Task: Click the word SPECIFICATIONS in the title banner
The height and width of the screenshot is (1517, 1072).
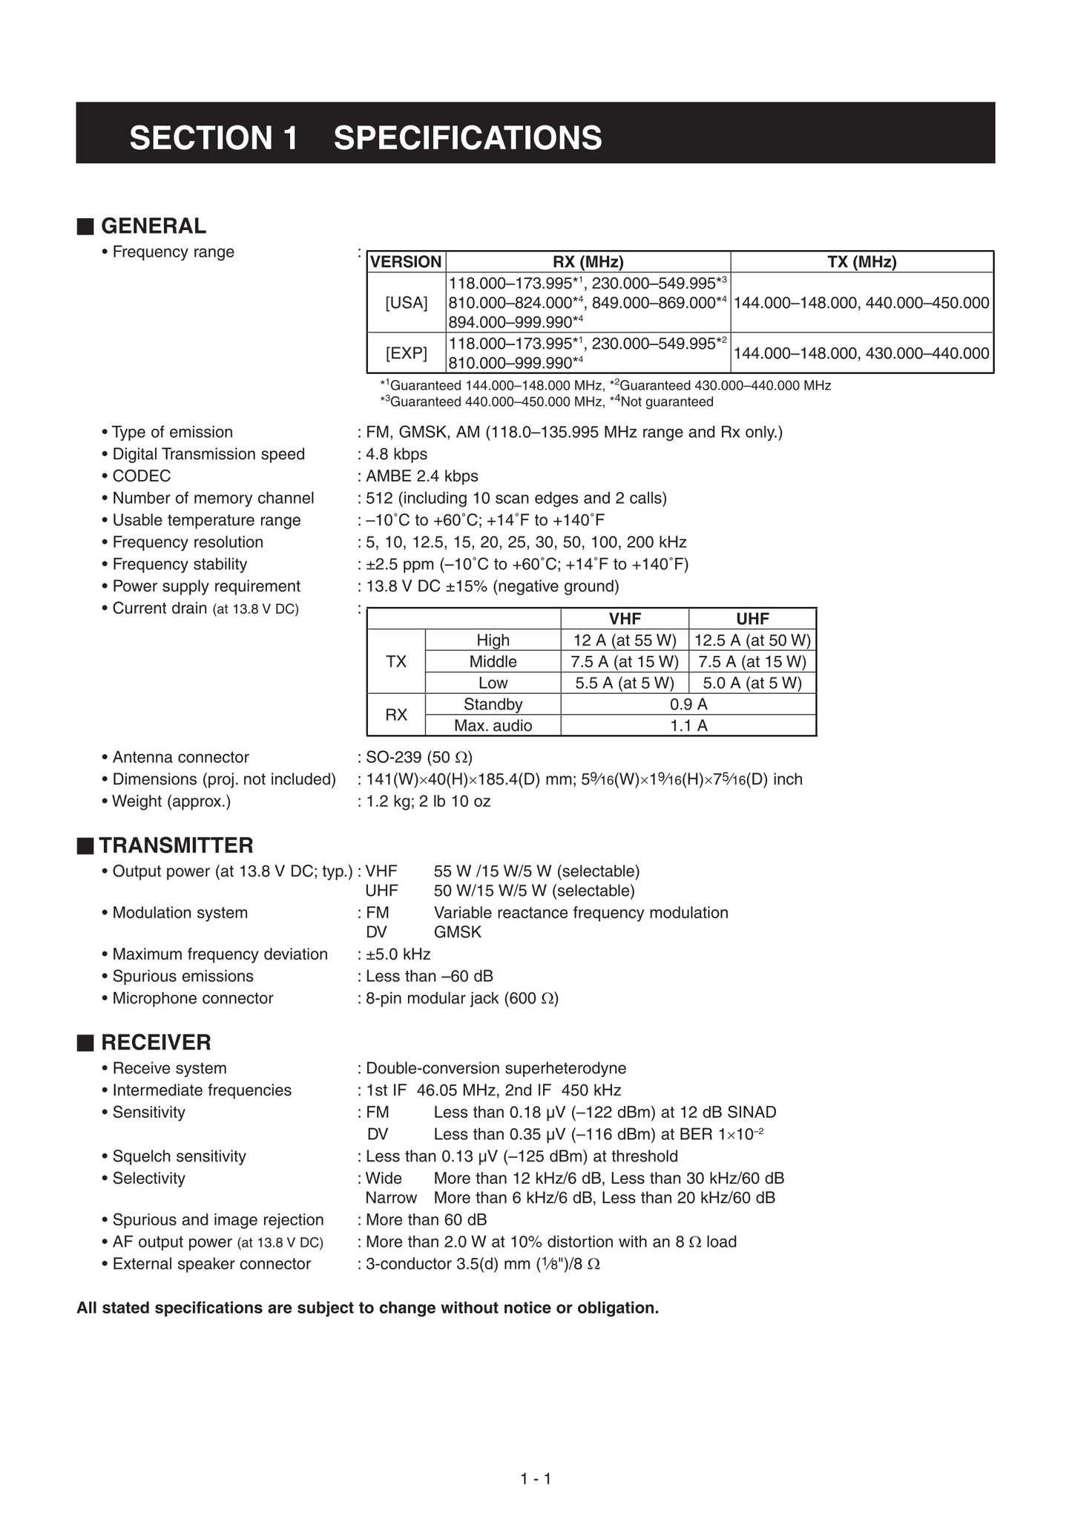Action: coord(467,138)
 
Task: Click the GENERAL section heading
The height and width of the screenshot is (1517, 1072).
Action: coord(153,226)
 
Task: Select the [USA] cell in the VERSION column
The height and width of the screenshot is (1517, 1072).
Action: coord(407,303)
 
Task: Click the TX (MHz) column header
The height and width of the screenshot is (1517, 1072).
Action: coord(861,262)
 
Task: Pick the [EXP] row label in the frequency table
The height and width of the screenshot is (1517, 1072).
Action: coord(407,353)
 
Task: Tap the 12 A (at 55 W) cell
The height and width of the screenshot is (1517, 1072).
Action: coord(625,640)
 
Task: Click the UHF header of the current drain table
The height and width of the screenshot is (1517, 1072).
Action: coord(752,619)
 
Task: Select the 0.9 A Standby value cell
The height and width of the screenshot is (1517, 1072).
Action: coord(688,704)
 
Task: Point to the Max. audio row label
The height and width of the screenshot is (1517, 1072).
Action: coord(493,726)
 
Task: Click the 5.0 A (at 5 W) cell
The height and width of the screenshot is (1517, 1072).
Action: coord(752,683)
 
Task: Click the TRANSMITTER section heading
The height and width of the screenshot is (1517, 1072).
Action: coord(177,845)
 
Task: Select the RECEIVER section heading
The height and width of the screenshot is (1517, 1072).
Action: coord(156,1043)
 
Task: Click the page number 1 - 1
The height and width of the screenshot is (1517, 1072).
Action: coord(536,1479)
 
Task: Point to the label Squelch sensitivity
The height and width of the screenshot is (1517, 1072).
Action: coord(179,1156)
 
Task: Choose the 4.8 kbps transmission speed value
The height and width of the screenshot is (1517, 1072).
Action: coord(397,454)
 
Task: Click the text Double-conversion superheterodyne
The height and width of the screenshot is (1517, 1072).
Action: coord(496,1069)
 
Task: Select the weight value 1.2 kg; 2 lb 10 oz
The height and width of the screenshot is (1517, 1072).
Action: coord(428,802)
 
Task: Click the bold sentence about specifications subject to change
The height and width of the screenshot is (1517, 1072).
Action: coord(367,1308)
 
